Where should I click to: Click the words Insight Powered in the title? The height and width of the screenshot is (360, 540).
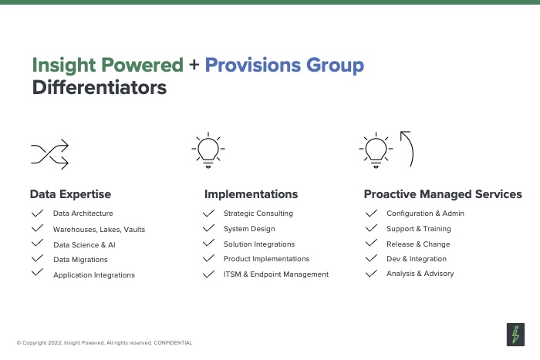108,66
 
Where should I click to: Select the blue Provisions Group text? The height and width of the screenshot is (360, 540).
285,66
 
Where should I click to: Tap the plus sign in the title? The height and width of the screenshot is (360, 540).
194,64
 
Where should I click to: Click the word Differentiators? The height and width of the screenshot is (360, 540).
100,87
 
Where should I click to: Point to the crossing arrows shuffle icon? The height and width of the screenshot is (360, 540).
50,154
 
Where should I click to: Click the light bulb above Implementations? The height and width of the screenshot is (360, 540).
208,150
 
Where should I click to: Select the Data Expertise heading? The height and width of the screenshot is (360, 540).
71,194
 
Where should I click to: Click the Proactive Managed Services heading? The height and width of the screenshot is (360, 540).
443,194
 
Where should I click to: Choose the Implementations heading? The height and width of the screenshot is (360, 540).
251,194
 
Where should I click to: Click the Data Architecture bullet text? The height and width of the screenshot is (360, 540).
83,214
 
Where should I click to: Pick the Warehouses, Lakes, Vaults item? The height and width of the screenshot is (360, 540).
100,230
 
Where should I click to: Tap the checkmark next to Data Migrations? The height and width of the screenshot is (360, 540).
37,258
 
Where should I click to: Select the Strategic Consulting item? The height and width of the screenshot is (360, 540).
258,214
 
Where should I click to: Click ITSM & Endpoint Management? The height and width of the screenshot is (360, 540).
276,274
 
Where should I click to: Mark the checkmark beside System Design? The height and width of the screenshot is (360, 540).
209,228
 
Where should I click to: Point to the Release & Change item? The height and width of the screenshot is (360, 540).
418,244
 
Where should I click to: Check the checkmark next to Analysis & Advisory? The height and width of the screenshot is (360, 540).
371,274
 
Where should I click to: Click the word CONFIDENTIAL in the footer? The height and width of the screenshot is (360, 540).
173,343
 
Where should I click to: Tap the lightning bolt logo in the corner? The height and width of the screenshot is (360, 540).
515,335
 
